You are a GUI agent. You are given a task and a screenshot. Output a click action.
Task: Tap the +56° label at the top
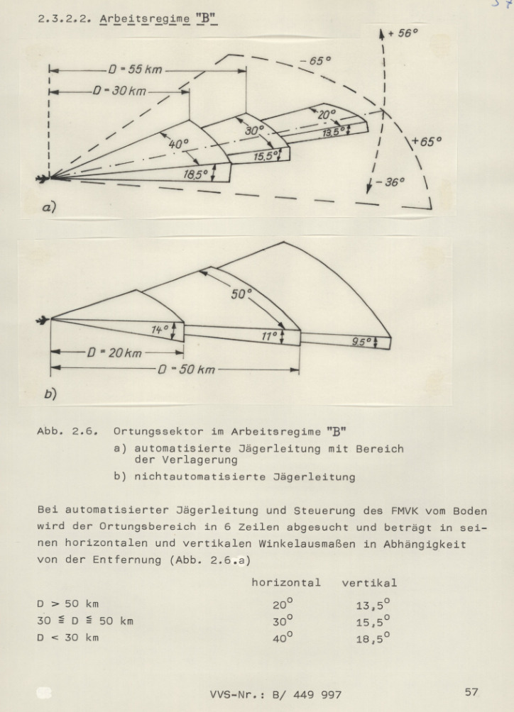point(404,34)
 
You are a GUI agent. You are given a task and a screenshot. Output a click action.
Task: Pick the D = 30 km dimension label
point(119,93)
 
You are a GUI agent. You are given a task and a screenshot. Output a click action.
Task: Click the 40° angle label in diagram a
point(178,144)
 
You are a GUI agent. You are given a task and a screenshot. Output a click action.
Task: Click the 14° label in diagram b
point(160,329)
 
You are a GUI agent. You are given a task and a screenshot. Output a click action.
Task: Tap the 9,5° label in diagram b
point(363,342)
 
